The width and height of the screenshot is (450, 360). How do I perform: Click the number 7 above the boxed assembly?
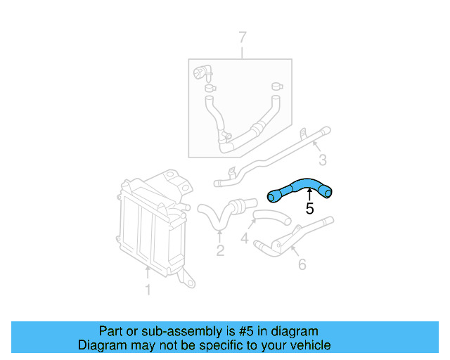click(243, 37)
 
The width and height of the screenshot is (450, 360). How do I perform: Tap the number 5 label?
click(309, 208)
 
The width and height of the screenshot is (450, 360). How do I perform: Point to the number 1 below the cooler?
click(148, 289)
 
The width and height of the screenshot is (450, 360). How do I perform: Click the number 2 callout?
click(219, 250)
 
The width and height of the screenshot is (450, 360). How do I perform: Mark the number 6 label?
click(302, 264)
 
